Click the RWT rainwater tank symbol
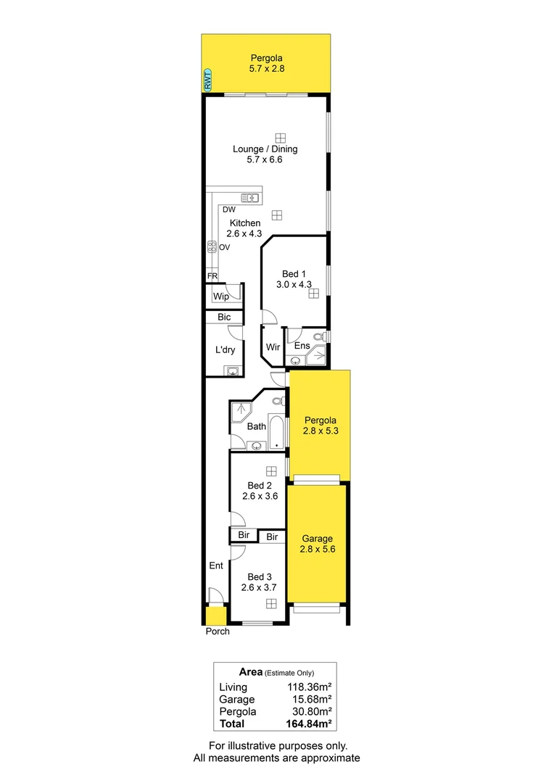[x=208, y=80]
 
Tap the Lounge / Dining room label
[x=265, y=149]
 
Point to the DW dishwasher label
[x=229, y=210]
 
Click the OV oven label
[x=225, y=247]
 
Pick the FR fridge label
[x=212, y=276]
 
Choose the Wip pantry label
[x=220, y=297]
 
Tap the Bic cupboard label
[x=224, y=318]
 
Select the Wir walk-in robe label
[x=273, y=347]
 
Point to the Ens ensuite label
[x=302, y=347]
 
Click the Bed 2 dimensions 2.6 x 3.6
[x=260, y=497]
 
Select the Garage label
[x=318, y=539]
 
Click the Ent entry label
[x=216, y=565]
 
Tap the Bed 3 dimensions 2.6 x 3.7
[x=260, y=587]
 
